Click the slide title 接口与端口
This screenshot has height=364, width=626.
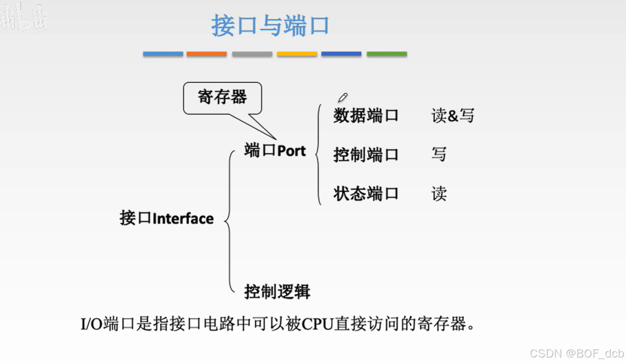[270, 25]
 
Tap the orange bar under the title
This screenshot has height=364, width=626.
[206, 54]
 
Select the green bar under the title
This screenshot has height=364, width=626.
[387, 54]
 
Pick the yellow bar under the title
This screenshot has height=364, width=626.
[297, 54]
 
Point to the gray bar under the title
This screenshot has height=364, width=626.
[252, 54]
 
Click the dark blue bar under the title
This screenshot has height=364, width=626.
[341, 54]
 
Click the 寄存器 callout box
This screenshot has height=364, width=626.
[223, 97]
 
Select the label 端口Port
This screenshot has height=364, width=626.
[275, 151]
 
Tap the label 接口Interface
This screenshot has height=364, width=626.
[167, 218]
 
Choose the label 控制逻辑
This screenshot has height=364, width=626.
[277, 292]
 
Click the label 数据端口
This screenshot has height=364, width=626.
[366, 116]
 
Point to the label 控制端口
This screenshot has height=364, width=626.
[366, 155]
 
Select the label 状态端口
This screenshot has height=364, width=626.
[366, 194]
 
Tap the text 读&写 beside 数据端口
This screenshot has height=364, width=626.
[453, 116]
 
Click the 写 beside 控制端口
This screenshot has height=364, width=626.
[439, 155]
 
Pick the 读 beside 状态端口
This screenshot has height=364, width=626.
[439, 194]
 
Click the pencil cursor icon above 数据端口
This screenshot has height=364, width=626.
[342, 97]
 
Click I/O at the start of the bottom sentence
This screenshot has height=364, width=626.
[92, 324]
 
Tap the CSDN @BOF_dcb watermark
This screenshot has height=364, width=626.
[576, 354]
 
